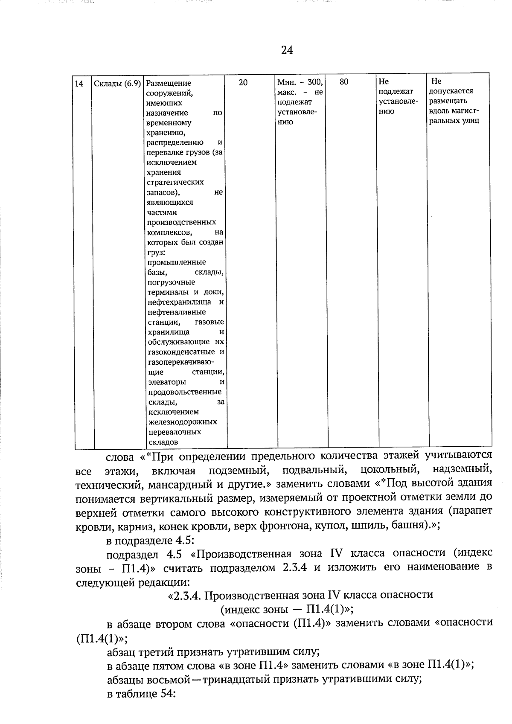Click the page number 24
point(287,50)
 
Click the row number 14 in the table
point(79,84)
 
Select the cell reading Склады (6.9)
point(117,84)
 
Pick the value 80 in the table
point(344,81)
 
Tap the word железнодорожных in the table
point(183,422)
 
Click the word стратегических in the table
point(175,182)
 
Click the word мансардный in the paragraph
point(176,485)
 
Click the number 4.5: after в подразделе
point(185,540)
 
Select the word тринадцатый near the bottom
point(240,680)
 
